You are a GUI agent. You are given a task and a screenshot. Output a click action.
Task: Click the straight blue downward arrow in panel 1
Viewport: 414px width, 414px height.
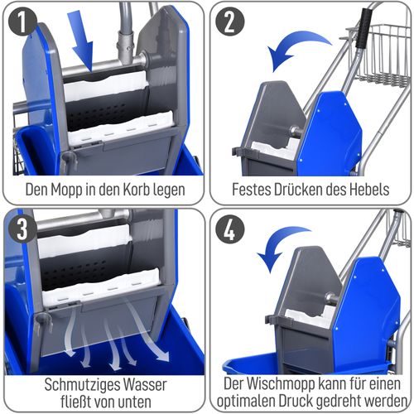point(85,46)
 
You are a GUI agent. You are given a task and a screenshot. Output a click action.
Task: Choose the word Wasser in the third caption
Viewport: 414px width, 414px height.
point(147,384)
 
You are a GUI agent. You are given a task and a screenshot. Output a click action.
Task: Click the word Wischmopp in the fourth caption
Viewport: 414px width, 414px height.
point(279,384)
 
